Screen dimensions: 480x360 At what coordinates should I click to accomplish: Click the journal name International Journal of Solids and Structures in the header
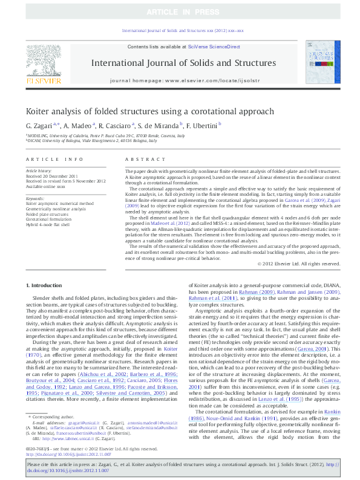pos(183,63)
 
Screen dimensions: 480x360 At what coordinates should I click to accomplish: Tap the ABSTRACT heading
pos(141,159)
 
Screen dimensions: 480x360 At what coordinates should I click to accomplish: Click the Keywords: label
pos(36,198)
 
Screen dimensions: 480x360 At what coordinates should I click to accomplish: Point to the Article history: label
pos(39,171)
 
